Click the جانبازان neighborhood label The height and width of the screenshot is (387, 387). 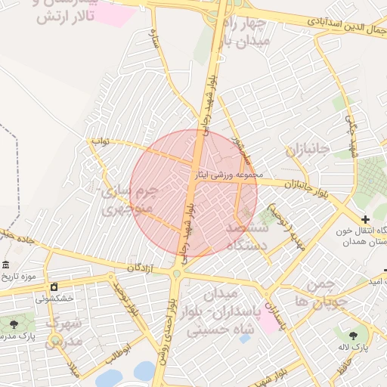pyautogui.click(x=308, y=149)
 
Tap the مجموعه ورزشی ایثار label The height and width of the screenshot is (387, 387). pyautogui.click(x=228, y=175)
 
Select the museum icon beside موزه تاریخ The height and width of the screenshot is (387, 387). pyautogui.click(x=6, y=265)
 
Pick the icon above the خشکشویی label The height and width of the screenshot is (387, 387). pyautogui.click(x=54, y=286)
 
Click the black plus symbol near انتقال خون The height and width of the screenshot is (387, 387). pyautogui.click(x=366, y=219)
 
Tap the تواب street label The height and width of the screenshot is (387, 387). pyautogui.click(x=101, y=141)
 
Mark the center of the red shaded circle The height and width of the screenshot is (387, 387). pyautogui.click(x=193, y=193)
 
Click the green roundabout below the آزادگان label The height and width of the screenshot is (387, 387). pyautogui.click(x=176, y=274)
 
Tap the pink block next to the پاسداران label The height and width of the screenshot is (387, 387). pyautogui.click(x=268, y=323)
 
